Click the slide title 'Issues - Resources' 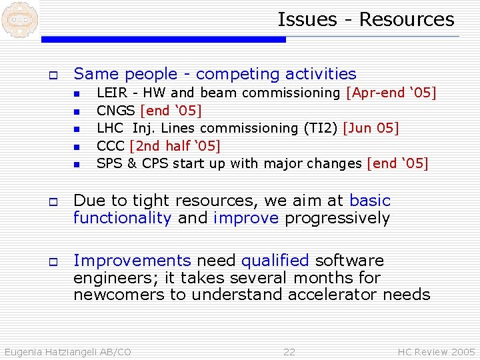click(365, 19)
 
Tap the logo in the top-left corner click(19, 19)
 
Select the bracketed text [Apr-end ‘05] click(391, 93)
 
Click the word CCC click(111, 145)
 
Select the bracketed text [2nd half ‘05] click(175, 145)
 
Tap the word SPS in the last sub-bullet click(109, 163)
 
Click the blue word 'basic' click(370, 201)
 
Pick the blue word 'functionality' click(123, 218)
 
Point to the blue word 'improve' click(246, 218)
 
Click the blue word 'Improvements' click(132, 260)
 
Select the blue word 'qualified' click(275, 260)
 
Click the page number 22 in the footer click(289, 352)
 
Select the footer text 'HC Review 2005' click(436, 352)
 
